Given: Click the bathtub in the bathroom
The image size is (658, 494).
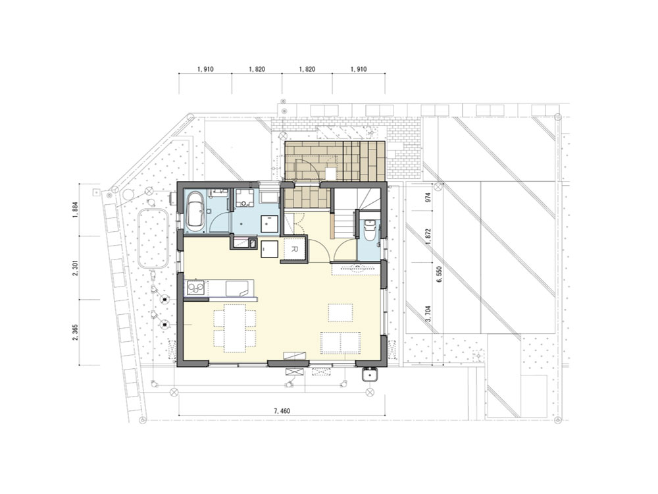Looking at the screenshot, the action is (195, 211).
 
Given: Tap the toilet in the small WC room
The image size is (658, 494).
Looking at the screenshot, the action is (369, 230).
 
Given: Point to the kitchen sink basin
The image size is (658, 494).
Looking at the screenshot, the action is (240, 288).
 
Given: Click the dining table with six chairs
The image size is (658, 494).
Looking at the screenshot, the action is (235, 328).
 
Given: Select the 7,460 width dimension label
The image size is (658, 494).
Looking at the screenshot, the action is (282, 411).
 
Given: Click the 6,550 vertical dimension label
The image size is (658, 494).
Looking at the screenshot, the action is (440, 275).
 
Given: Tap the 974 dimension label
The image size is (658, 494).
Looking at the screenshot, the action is (428, 198).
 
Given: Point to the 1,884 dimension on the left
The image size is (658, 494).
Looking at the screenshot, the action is (75, 211).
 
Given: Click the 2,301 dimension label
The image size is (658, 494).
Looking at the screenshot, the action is (75, 268).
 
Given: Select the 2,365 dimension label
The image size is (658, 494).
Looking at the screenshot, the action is (75, 332).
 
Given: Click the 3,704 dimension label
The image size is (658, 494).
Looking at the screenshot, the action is (428, 314).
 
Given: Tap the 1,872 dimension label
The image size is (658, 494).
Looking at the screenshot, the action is (428, 237).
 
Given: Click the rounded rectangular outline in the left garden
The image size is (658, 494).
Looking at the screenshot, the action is (153, 238).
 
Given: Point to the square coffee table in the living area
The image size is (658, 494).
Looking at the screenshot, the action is (340, 312).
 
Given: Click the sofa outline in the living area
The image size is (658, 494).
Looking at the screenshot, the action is (340, 341).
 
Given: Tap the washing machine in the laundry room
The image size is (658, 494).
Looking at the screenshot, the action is (244, 198).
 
